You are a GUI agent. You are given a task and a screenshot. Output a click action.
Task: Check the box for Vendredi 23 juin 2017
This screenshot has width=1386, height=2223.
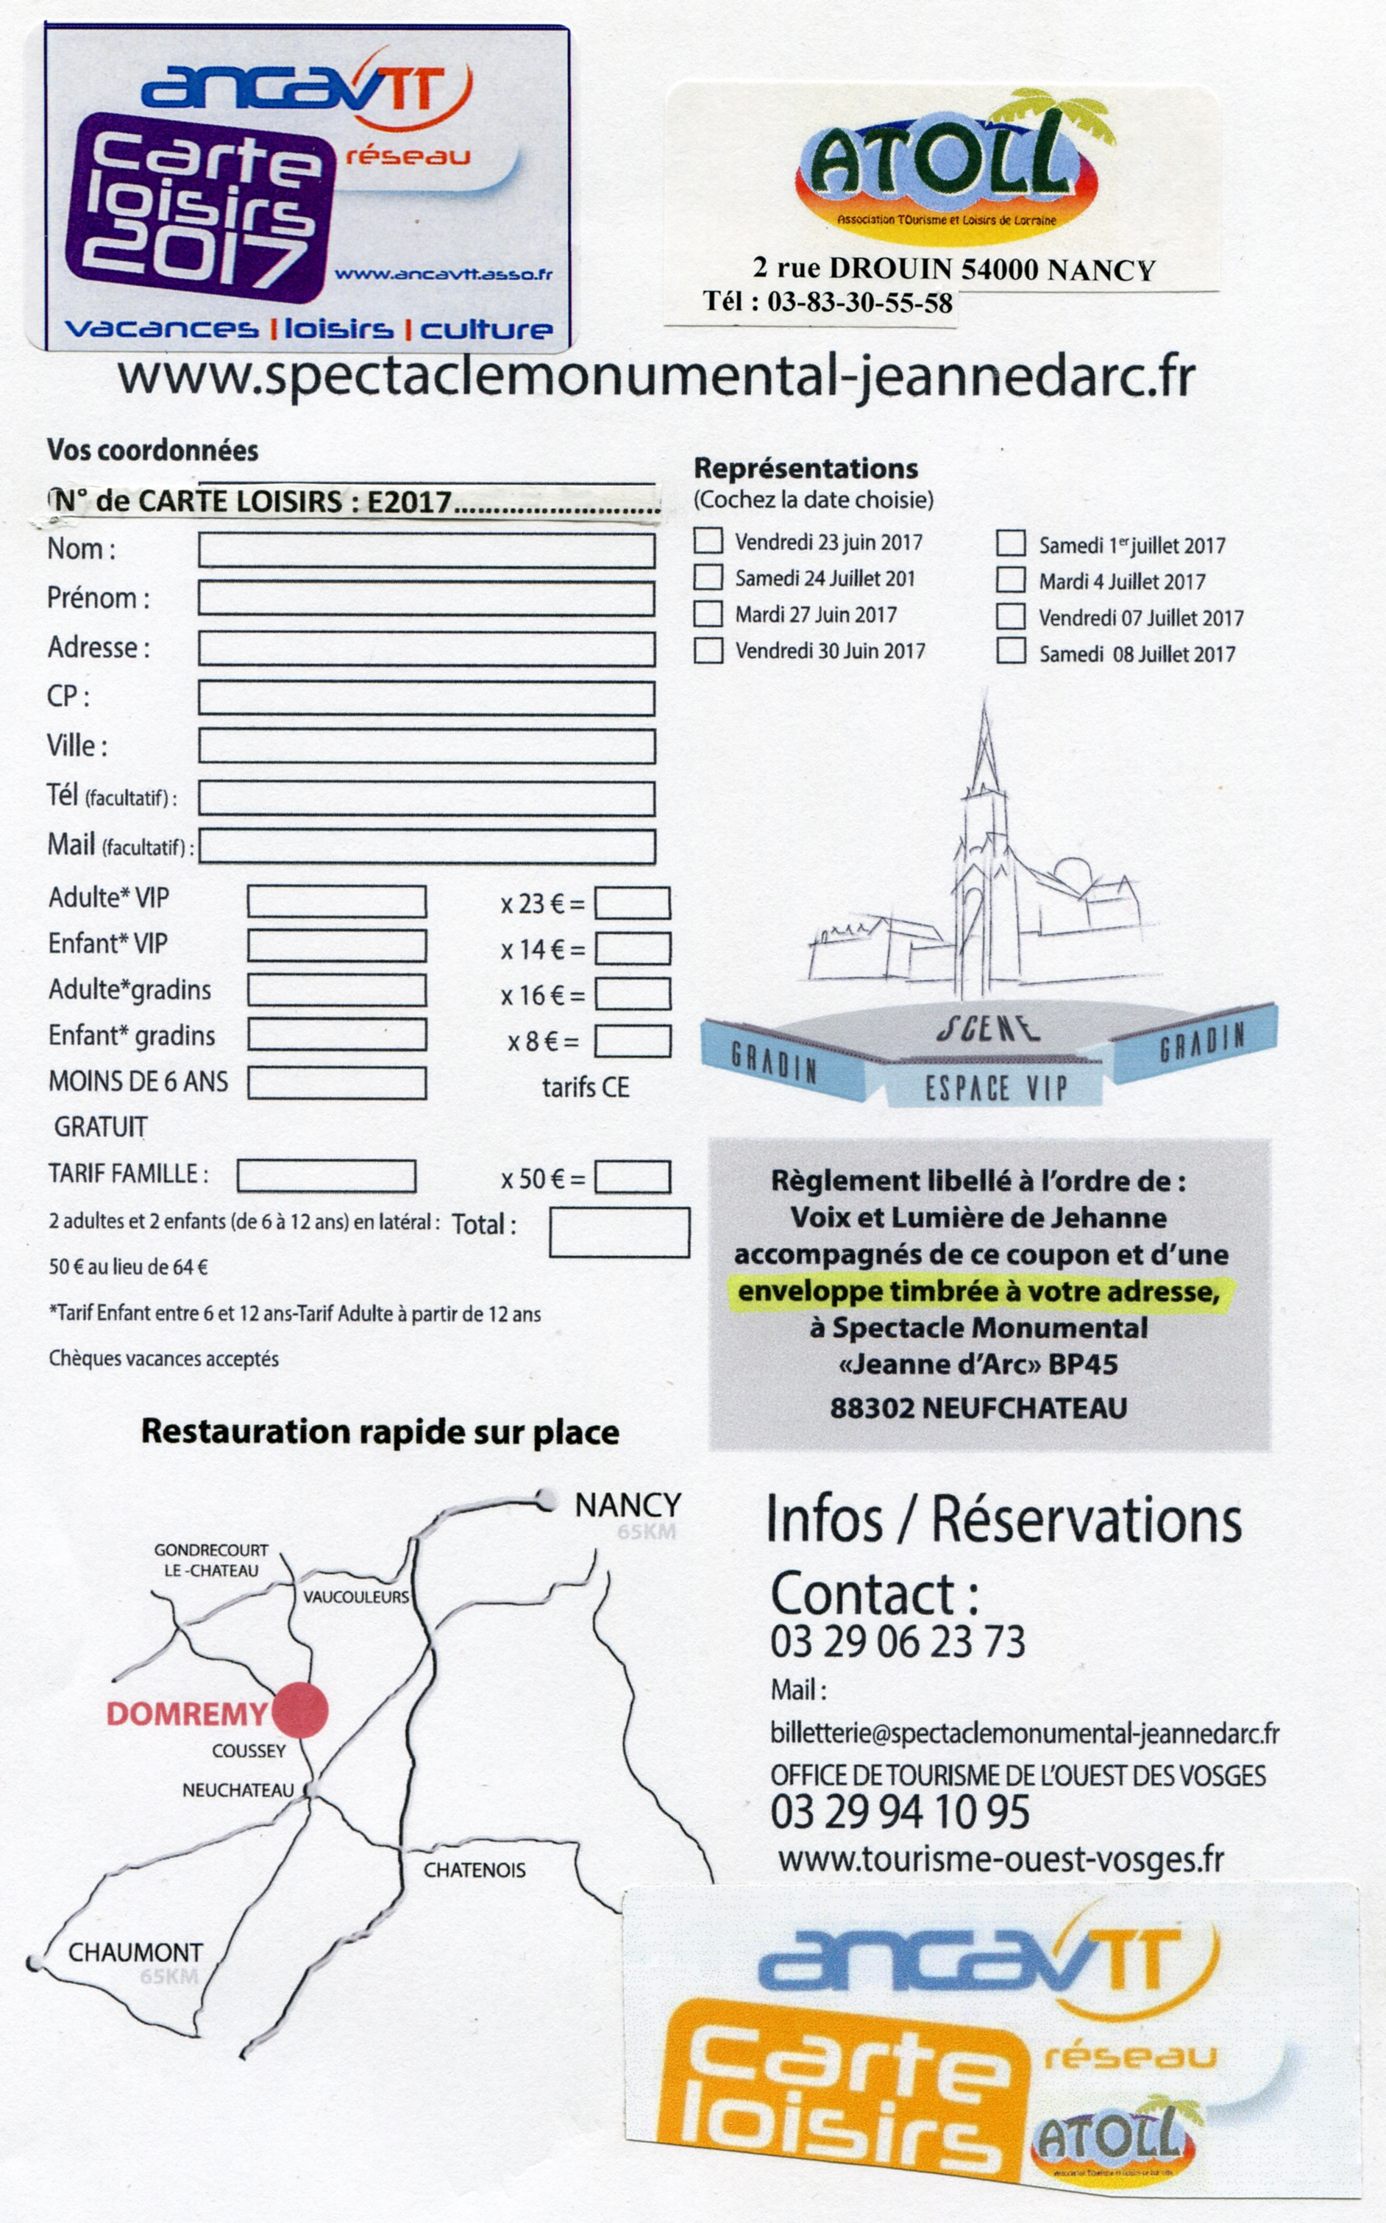coord(708,540)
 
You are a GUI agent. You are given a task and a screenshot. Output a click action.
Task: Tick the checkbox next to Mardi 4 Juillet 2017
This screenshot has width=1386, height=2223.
coord(1010,579)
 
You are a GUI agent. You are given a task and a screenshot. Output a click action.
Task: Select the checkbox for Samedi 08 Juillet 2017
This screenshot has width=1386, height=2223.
coord(1010,651)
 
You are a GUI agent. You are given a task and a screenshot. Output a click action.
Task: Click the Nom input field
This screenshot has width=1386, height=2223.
coord(426,551)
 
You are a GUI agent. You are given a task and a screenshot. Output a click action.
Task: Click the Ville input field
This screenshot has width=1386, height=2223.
coord(426,746)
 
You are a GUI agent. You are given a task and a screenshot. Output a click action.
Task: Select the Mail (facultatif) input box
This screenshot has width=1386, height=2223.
coord(426,846)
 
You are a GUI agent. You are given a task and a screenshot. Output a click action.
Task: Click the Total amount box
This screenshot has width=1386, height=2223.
coord(619,1232)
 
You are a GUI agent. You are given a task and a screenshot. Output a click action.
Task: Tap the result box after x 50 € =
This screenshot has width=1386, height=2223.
coord(632,1177)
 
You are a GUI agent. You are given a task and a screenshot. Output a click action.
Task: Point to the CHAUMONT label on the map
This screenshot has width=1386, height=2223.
coord(135,1952)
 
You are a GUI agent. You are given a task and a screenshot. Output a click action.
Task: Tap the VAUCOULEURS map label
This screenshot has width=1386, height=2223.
coord(355,1597)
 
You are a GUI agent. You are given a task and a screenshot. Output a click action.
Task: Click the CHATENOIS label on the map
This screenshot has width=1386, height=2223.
coord(474,1870)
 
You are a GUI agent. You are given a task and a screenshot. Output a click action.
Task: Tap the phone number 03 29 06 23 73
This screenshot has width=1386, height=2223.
coord(898,1641)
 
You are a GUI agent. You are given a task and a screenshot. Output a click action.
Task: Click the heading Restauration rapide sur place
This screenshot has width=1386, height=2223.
coord(380,1432)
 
